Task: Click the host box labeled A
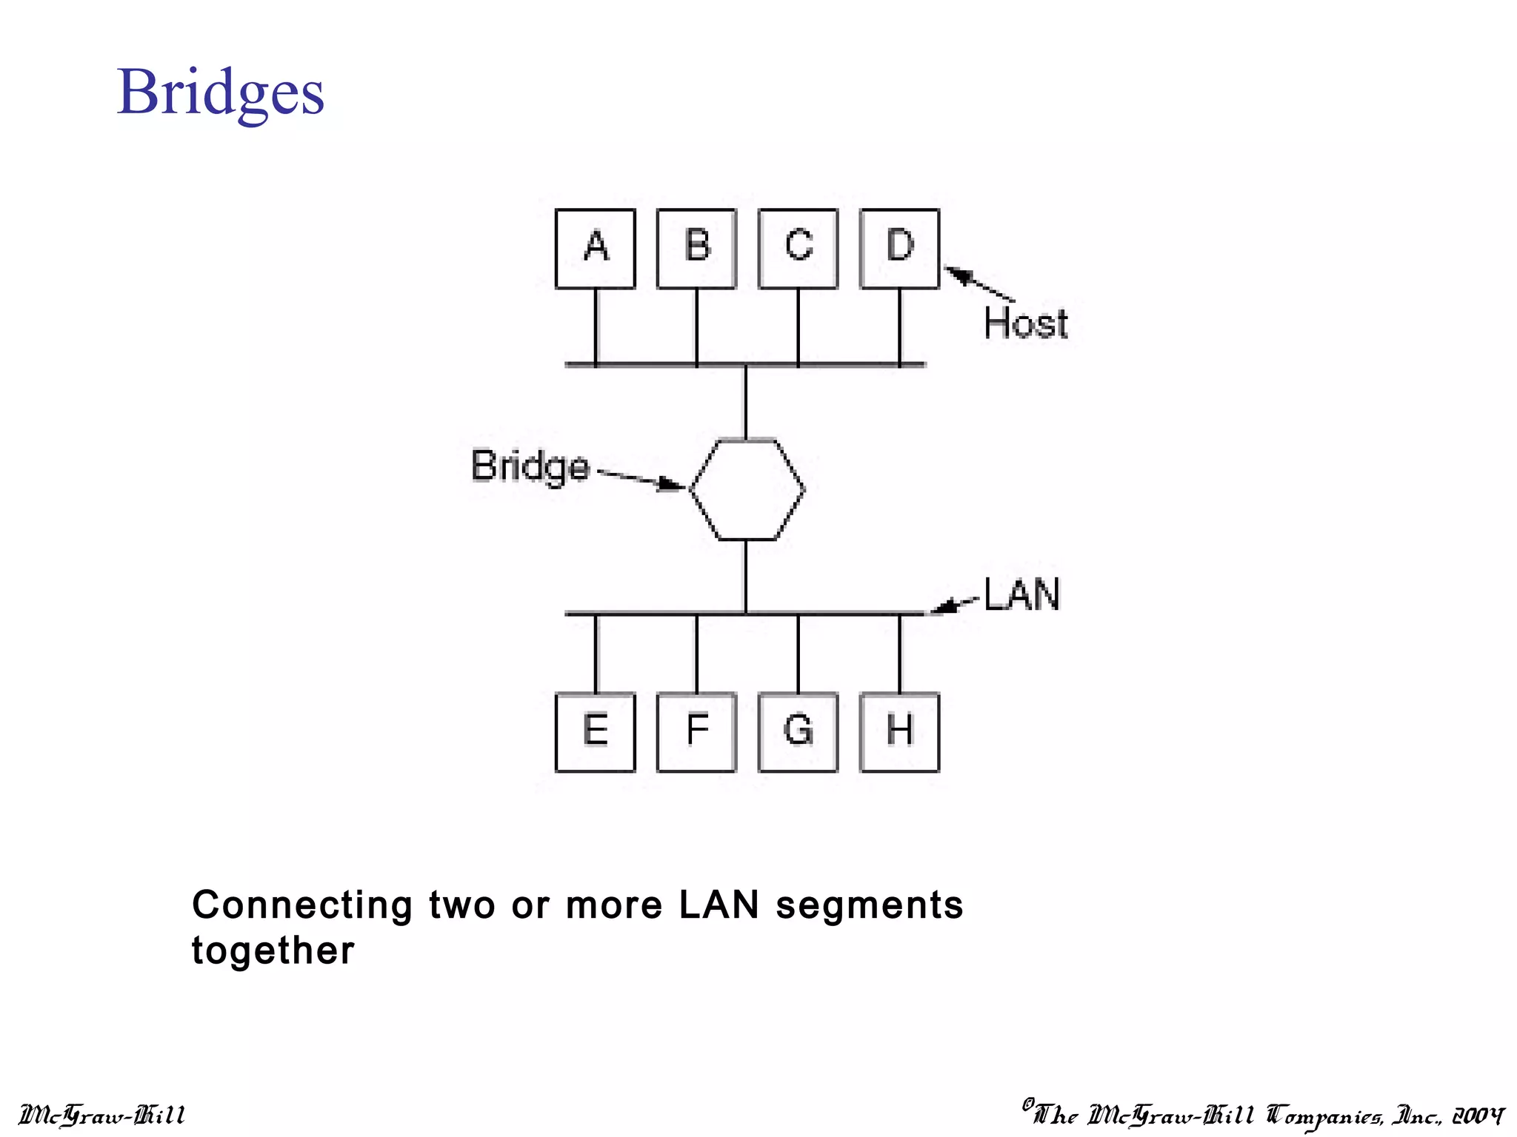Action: click(596, 249)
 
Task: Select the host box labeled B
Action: click(696, 249)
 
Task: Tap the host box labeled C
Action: click(798, 249)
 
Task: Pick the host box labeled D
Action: click(899, 249)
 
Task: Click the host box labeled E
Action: click(596, 732)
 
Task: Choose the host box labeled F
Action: click(696, 732)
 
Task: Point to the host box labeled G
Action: click(798, 732)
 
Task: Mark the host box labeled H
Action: click(899, 732)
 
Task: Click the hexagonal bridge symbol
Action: click(747, 489)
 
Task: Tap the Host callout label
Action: click(1026, 323)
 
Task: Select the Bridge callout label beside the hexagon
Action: click(530, 466)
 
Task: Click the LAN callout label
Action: click(1022, 594)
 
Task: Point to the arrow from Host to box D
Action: click(979, 284)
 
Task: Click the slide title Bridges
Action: click(221, 93)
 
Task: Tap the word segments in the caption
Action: click(870, 905)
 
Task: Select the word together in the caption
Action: click(273, 950)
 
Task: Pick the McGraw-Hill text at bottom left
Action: click(101, 1115)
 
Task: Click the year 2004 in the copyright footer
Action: click(1478, 1115)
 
